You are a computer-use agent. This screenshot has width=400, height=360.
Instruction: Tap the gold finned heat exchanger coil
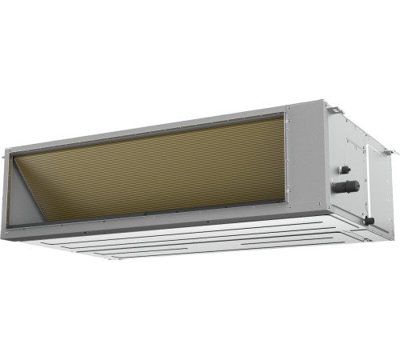160,172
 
